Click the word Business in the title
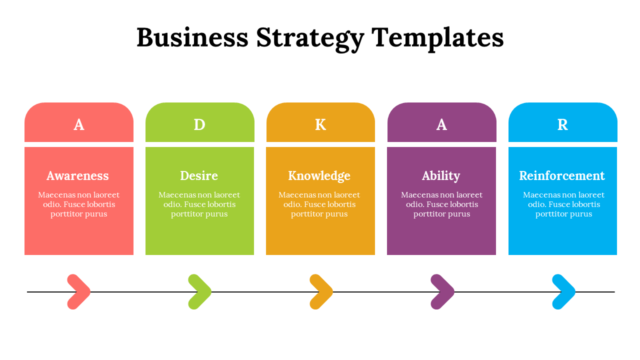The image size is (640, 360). [192, 37]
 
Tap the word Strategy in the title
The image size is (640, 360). [310, 38]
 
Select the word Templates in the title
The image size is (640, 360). [437, 38]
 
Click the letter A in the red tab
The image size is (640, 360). [79, 124]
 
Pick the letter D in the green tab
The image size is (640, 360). [199, 124]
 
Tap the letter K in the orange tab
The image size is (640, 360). [320, 124]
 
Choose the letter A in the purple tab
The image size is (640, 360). [441, 124]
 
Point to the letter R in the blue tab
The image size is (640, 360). [562, 124]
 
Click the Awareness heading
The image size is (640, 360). [77, 175]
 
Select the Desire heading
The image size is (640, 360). [199, 175]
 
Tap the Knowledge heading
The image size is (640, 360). [319, 176]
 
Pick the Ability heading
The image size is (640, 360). [441, 176]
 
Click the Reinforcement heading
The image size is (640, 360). [562, 175]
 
